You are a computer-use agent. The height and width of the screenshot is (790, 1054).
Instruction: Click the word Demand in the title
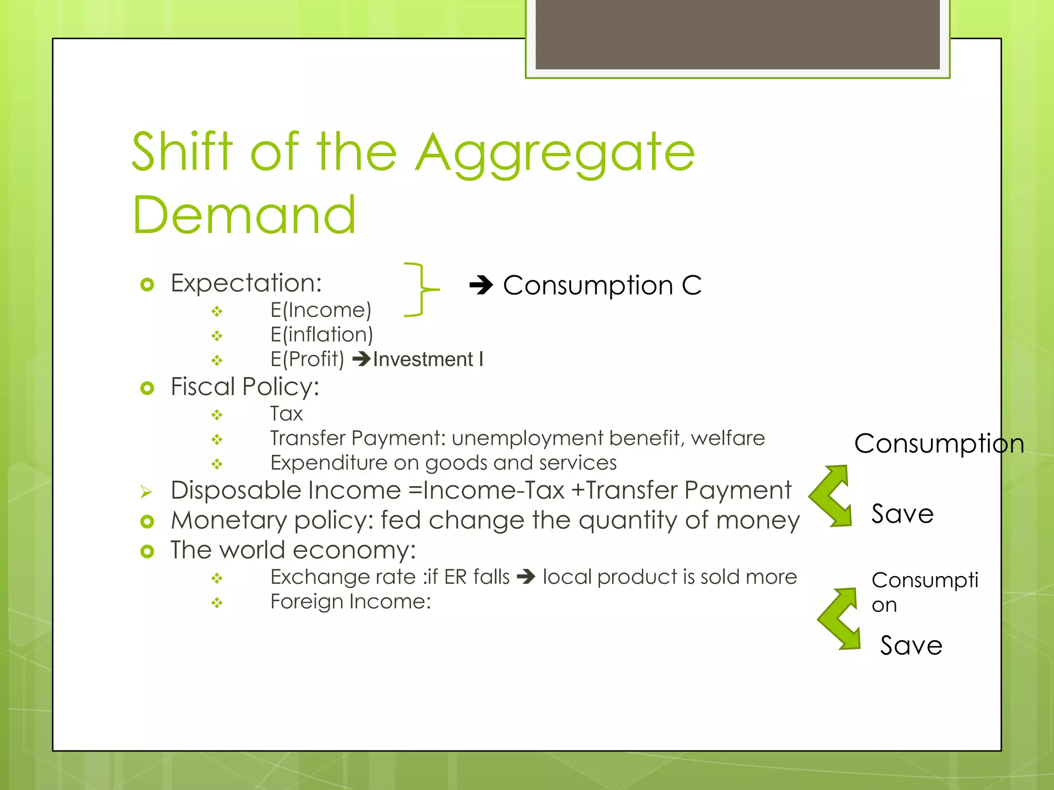(x=244, y=216)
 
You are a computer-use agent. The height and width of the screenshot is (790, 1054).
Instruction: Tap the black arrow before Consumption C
(x=481, y=285)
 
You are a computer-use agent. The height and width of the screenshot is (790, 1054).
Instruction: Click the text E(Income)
(x=321, y=310)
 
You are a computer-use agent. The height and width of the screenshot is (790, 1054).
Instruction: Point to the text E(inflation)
(x=322, y=335)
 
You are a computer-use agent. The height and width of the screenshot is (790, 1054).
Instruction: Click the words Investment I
(x=428, y=359)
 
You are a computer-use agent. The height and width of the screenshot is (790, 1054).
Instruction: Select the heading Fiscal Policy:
(x=245, y=387)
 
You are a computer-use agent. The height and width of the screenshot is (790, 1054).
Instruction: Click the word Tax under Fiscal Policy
(x=287, y=414)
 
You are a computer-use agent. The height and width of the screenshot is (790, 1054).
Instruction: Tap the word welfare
(x=728, y=438)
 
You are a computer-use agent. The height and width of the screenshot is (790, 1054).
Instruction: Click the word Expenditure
(x=328, y=463)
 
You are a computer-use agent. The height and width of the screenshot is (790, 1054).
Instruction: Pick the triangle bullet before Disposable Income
(x=146, y=492)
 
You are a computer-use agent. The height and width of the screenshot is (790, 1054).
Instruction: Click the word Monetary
(x=229, y=520)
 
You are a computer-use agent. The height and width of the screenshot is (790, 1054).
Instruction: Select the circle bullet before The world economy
(x=147, y=551)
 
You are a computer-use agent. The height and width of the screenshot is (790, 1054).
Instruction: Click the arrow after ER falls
(x=526, y=577)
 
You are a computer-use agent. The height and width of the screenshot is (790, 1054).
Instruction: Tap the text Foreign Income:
(x=350, y=601)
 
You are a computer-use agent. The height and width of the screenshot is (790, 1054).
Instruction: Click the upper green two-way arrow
(x=831, y=496)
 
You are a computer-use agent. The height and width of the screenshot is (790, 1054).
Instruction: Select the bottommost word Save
(x=911, y=645)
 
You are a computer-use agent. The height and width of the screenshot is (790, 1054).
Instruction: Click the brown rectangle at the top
(x=737, y=34)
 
